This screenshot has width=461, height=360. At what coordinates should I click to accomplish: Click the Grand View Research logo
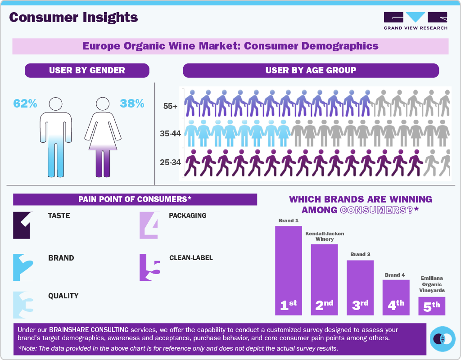pos(416,21)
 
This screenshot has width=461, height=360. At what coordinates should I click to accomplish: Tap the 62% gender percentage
pos(25,103)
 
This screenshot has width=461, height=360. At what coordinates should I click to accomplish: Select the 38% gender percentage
pos(132,103)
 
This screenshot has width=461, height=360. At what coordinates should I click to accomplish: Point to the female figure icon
pos(103,137)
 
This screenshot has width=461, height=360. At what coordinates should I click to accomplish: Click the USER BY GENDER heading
pos(87,70)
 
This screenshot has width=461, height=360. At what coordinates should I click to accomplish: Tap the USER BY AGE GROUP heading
pos(311,70)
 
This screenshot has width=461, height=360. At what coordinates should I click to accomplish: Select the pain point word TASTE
pos(59,216)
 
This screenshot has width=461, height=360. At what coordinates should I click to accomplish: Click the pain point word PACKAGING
pos(187,216)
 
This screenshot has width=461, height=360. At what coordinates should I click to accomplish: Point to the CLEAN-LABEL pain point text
pos(191,258)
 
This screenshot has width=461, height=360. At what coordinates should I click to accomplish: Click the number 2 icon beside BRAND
pos(23,267)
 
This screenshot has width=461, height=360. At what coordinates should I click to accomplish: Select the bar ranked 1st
pos(288,270)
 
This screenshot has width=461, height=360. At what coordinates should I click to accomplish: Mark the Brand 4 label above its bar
pos(395,275)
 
